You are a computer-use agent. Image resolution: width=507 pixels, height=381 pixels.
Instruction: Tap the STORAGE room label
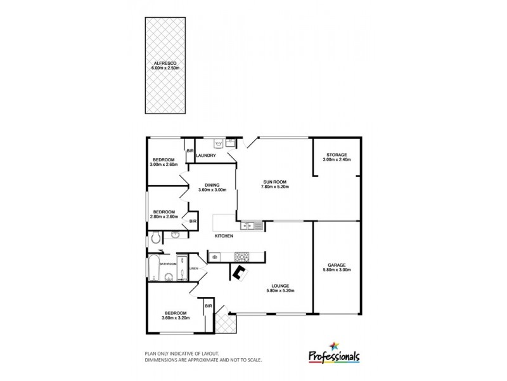(x=337, y=156)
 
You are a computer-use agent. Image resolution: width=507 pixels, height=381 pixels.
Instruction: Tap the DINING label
(x=211, y=185)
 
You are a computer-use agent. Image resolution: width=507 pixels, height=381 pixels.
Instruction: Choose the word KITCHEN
(x=224, y=236)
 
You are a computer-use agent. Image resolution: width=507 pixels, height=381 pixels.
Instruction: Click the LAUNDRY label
(x=207, y=156)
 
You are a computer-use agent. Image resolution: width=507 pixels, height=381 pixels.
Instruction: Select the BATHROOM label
(x=168, y=264)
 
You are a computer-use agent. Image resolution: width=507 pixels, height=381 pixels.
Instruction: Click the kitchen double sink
(x=247, y=225)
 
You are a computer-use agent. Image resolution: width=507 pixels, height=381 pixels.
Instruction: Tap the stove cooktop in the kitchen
(x=241, y=257)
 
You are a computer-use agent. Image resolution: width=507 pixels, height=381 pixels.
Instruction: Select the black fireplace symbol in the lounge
(x=240, y=273)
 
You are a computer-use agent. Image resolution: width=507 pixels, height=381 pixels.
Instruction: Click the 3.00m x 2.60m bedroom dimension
(x=164, y=164)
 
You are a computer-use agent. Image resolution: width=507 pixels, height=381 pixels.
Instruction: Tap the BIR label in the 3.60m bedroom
(x=208, y=306)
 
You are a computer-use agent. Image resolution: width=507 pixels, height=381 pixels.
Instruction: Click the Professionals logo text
(x=334, y=356)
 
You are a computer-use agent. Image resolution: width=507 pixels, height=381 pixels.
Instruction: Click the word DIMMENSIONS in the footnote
(x=164, y=359)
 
